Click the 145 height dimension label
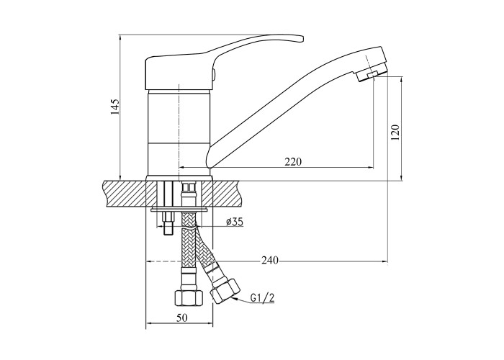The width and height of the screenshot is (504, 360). tap(115, 107)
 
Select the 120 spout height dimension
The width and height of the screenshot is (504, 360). tap(395, 132)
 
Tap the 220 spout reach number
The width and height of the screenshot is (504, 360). tap(293, 161)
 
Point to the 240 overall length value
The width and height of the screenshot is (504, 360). tap(269, 261)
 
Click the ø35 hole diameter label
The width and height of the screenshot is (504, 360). tap(234, 222)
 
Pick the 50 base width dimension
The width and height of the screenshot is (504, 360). tap(181, 318)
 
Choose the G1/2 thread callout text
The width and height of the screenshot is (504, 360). tap(262, 298)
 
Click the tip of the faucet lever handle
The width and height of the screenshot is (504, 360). tap(302, 39)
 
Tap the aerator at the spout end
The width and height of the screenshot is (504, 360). tap(372, 74)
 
